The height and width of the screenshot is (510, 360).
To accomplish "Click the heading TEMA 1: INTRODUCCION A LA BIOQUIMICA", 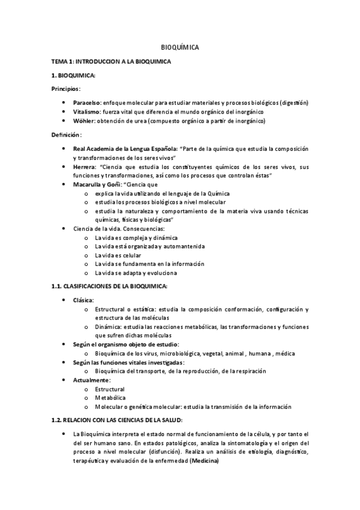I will pos(112,61).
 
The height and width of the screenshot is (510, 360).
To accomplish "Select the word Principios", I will pos(65,88).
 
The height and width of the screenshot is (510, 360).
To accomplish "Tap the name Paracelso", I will pos(87,103).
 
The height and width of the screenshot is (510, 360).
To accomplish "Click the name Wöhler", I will pos(84,121).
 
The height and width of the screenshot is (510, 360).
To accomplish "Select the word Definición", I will pos(65,134).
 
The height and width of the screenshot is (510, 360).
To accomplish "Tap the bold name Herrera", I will pos(84,166).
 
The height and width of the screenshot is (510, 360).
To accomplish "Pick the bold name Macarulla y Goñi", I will pos(99,184).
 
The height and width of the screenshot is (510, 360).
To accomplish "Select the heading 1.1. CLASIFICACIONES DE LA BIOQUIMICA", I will pos(109,286).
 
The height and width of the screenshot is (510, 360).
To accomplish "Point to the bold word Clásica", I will pos(84,300).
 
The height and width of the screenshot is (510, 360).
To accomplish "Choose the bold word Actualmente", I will pos(91,380).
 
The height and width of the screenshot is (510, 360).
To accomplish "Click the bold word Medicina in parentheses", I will pos(204,461).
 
